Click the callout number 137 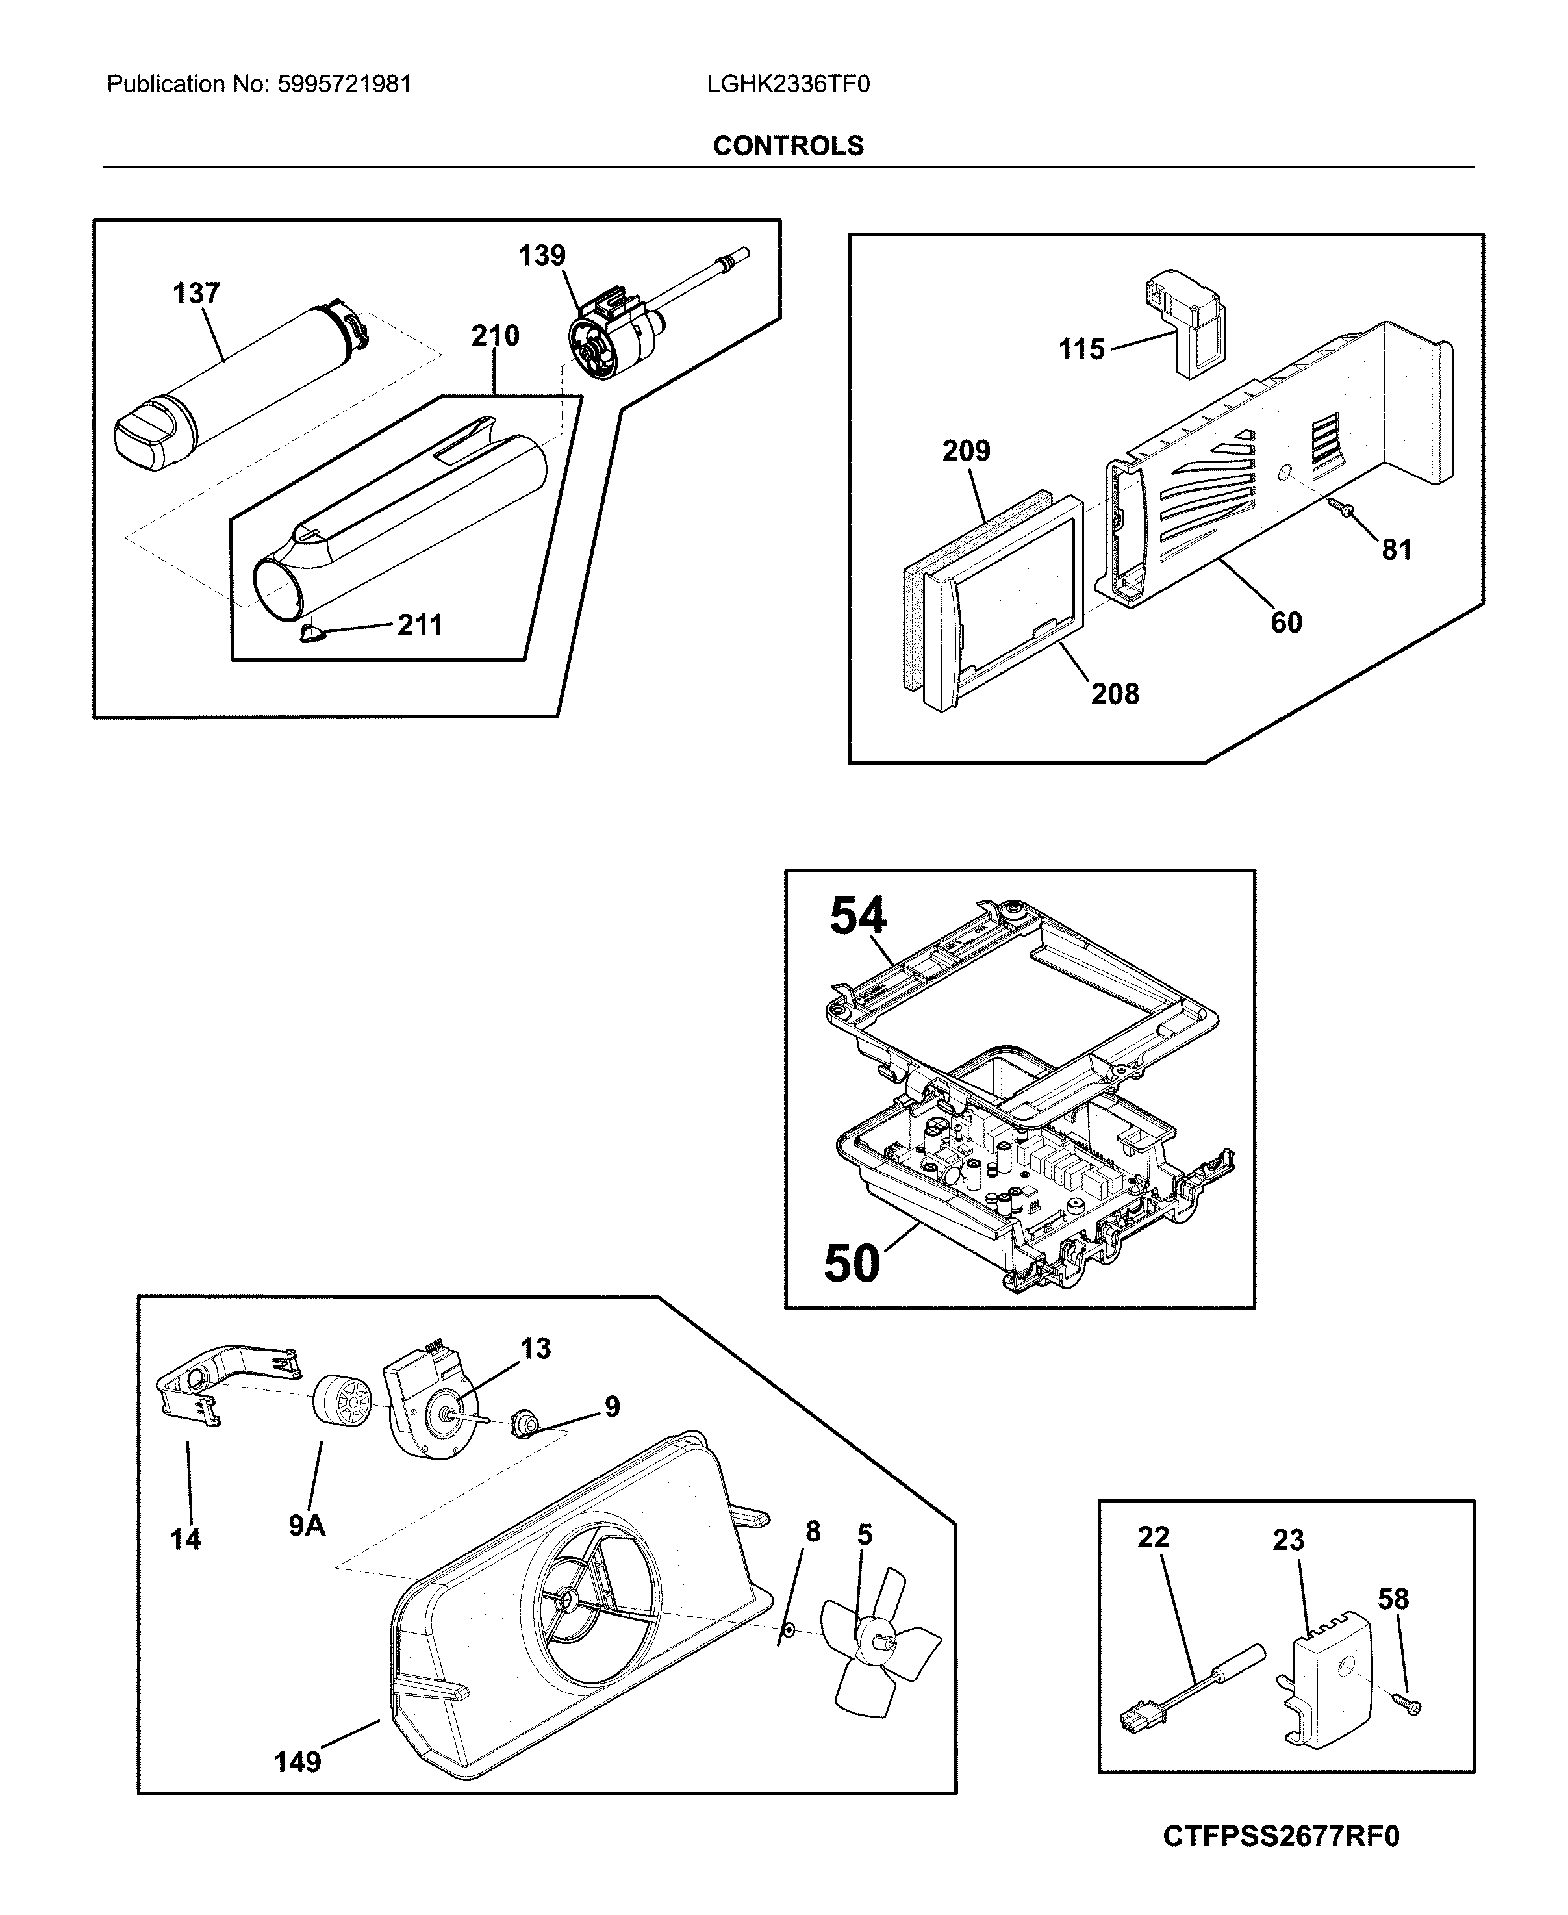(x=196, y=293)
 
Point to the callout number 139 (x=541, y=256)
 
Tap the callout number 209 (x=966, y=451)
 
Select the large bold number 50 (x=851, y=1263)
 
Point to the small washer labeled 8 (x=789, y=1628)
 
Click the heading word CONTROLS (x=788, y=146)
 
